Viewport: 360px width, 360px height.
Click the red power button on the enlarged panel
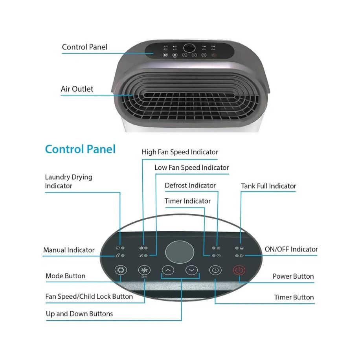pyautogui.click(x=239, y=270)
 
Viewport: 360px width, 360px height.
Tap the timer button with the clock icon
pyautogui.click(x=215, y=270)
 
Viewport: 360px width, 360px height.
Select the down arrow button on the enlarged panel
pyautogui.click(x=192, y=270)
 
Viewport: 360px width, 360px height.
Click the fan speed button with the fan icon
pyautogui.click(x=144, y=270)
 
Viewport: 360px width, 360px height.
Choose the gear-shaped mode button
pyautogui.click(x=121, y=270)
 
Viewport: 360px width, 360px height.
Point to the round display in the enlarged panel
pyautogui.click(x=180, y=252)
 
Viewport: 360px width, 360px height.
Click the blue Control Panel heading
pyautogui.click(x=80, y=149)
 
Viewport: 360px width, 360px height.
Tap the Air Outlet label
pyautogui.click(x=77, y=89)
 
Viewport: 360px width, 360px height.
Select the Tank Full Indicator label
pyautogui.click(x=268, y=186)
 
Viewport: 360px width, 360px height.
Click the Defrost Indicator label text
pyautogui.click(x=190, y=185)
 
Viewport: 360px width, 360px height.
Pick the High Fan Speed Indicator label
pyautogui.click(x=180, y=152)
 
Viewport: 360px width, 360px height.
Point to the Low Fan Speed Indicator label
pyautogui.click(x=192, y=167)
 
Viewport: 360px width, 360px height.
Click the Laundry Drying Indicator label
pyautogui.click(x=68, y=181)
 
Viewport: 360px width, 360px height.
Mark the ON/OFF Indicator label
pyautogui.click(x=291, y=249)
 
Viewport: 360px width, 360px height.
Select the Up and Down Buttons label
pyautogui.click(x=79, y=314)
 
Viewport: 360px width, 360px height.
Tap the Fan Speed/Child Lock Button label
pyautogui.click(x=89, y=296)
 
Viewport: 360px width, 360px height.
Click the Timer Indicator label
pyautogui.click(x=187, y=201)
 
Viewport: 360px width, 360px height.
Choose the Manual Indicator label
pyautogui.click(x=69, y=250)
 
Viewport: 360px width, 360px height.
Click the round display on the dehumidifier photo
pyautogui.click(x=189, y=48)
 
